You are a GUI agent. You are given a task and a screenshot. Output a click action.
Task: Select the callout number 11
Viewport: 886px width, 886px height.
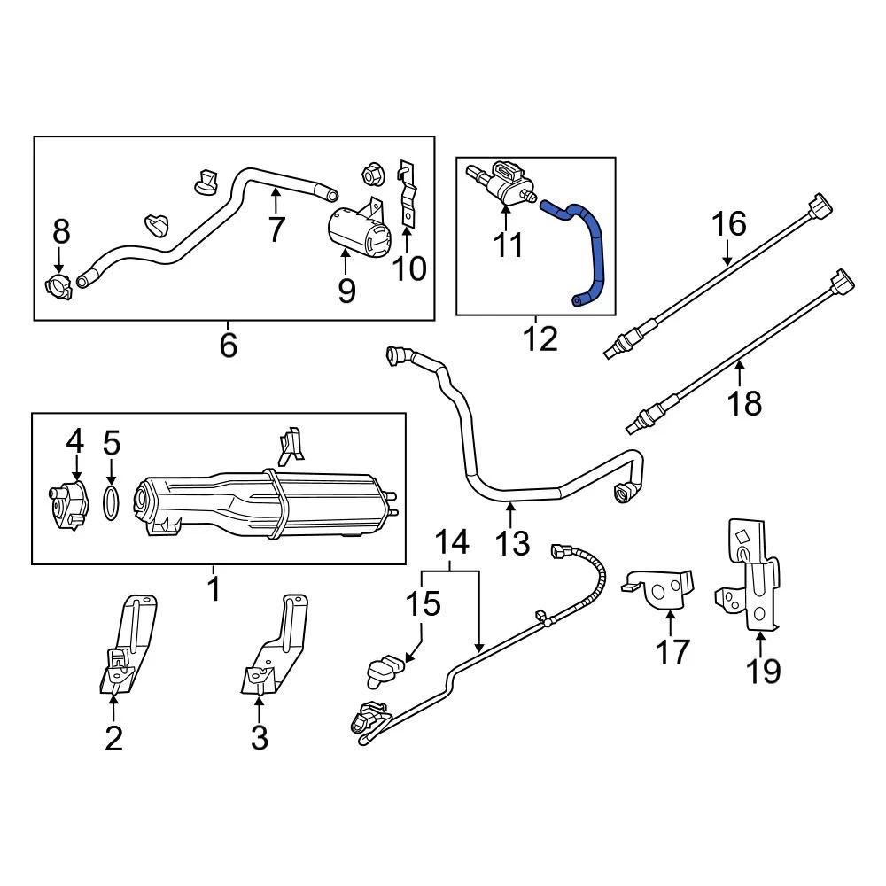pyautogui.click(x=509, y=245)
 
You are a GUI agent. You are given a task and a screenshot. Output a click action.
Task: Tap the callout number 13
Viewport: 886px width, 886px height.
pyautogui.click(x=512, y=541)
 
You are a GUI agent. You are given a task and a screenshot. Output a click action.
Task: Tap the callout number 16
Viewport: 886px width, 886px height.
pyautogui.click(x=730, y=225)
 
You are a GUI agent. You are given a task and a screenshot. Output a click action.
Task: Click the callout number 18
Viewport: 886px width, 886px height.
pyautogui.click(x=745, y=403)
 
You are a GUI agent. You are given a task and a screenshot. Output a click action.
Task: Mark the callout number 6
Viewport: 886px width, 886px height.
pyautogui.click(x=228, y=345)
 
